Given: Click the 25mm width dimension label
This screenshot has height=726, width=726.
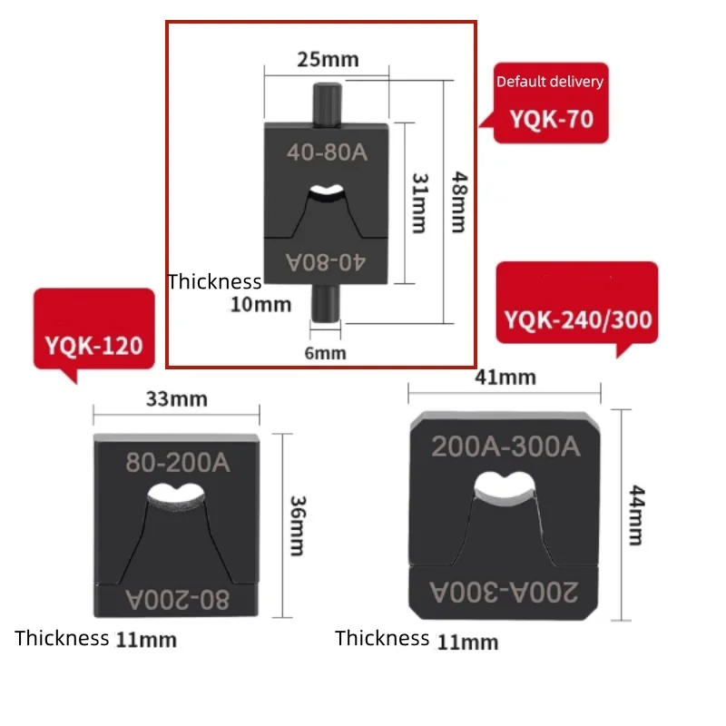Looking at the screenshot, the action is (328, 60).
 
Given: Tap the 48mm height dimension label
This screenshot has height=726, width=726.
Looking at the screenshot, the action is (459, 201).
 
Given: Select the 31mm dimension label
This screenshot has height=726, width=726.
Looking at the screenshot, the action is (420, 202).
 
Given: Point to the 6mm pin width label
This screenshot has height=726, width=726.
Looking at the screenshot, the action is (325, 353).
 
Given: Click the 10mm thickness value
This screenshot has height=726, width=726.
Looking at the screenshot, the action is (261, 305).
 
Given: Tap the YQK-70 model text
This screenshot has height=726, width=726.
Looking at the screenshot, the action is (552, 119).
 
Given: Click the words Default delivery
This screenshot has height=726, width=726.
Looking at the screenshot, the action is (550, 82).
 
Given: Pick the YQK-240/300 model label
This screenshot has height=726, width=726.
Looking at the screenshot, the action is (578, 320).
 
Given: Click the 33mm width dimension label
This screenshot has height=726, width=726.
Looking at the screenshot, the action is (177, 399).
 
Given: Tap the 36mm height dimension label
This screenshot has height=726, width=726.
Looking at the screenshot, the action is (298, 525).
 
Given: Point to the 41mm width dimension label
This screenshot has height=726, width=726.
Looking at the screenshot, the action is (505, 378).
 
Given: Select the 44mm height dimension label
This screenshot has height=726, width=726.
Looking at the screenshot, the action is (637, 515).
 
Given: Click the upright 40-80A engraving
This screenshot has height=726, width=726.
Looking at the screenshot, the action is (327, 152).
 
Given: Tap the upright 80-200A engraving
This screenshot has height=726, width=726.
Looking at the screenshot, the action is (178, 463).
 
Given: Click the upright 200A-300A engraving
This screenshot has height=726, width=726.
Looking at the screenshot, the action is (505, 446).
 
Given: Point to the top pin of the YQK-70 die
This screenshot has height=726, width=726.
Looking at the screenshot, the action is (328, 103).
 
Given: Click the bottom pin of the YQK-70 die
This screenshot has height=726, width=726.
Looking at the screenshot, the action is (325, 303).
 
